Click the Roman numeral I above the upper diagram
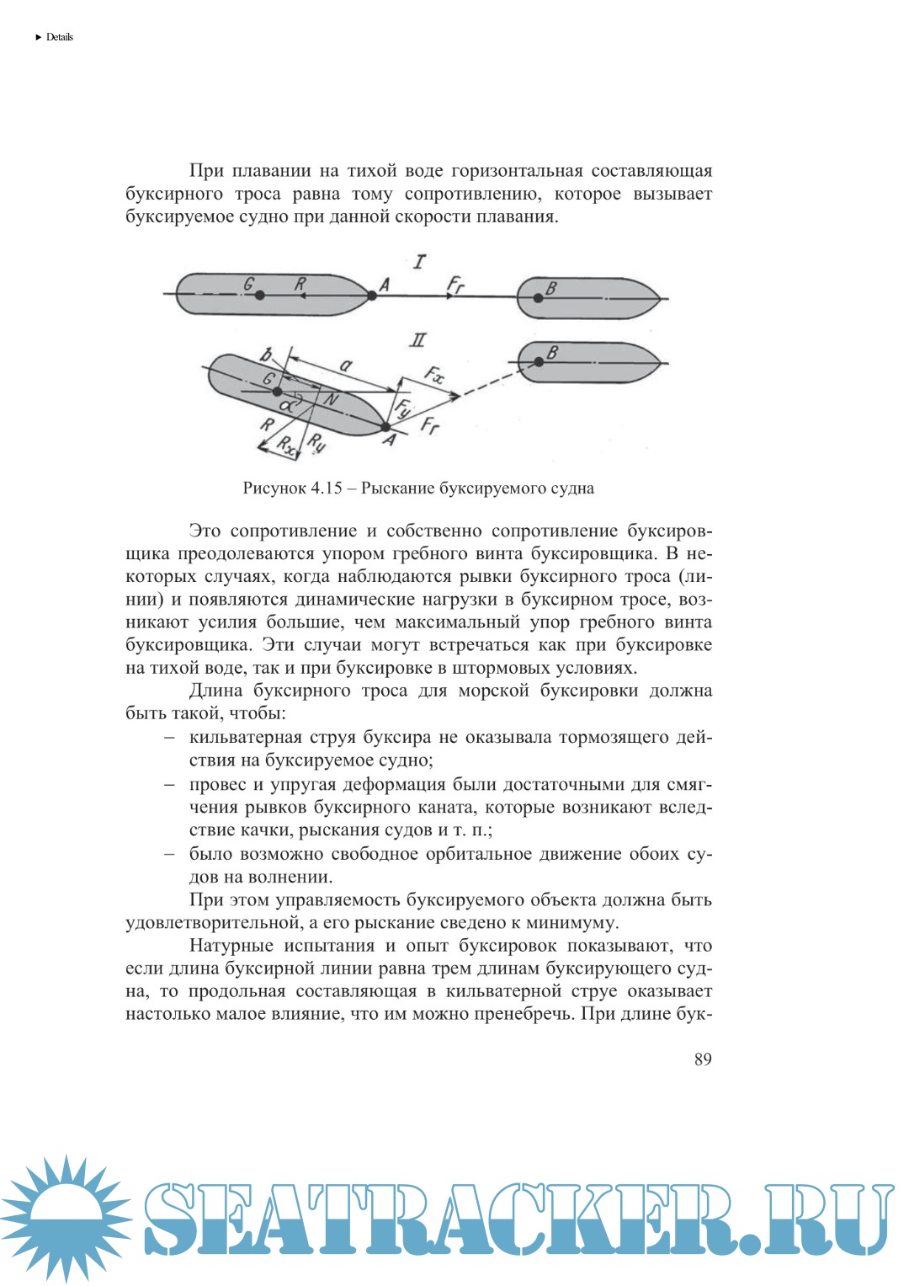tap(419, 262)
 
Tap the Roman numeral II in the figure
tap(417, 340)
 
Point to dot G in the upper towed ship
tap(260, 295)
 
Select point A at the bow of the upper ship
tap(372, 295)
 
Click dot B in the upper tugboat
tap(538, 297)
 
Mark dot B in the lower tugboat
tap(539, 362)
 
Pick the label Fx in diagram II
tap(434, 374)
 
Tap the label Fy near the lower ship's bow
tap(404, 409)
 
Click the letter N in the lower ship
tap(331, 399)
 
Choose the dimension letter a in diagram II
tap(346, 366)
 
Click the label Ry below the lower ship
tap(316, 441)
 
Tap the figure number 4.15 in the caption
tap(327, 488)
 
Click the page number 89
tap(703, 1059)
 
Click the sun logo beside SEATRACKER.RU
tap(65, 1218)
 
